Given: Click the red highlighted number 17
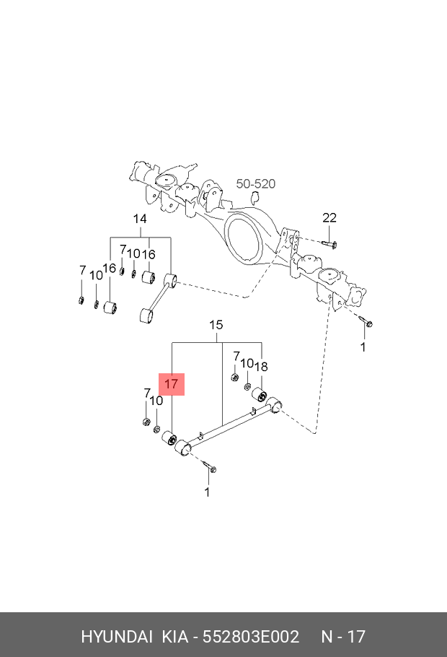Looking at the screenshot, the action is [171, 384].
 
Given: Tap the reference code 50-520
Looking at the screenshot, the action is [256, 183].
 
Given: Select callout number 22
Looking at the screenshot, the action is [329, 217].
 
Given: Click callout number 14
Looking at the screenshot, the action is [140, 219].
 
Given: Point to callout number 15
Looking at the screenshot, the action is [216, 325].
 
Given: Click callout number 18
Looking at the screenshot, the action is [261, 367].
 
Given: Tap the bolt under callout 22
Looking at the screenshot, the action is [329, 244].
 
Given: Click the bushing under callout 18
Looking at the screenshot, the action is [260, 394].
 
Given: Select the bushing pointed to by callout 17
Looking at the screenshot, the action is [169, 438].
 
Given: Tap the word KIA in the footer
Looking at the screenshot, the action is [175, 637].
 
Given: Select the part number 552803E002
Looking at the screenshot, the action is [251, 637].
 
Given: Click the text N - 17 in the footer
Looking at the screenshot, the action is [343, 637].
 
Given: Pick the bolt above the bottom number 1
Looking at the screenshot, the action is [208, 466].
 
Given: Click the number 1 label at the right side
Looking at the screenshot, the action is [363, 347].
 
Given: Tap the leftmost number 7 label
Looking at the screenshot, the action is [82, 270].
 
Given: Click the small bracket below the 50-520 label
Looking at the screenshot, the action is [255, 196].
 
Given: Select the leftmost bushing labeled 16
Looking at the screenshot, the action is [110, 307].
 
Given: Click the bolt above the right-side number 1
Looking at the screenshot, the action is [366, 321].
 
